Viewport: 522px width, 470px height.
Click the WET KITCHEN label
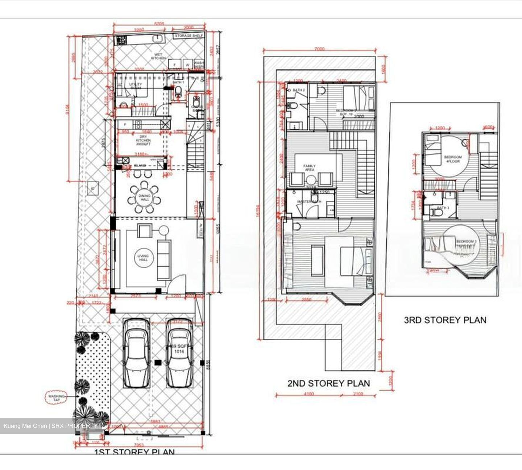point(158,56)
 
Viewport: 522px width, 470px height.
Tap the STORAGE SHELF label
point(189,36)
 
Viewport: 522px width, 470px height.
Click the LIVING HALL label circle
point(143,258)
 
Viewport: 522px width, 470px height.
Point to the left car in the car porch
point(136,353)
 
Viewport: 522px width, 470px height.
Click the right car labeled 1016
point(179,353)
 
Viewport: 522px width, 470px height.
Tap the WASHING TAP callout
point(57,398)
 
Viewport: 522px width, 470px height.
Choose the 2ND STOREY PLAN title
point(328,383)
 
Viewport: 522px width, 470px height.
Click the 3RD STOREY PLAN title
point(445,320)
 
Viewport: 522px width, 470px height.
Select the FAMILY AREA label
point(309,167)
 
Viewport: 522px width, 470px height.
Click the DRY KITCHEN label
point(143,140)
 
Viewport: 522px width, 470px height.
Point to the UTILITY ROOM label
point(136,86)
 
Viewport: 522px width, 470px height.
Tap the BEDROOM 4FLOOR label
point(453,159)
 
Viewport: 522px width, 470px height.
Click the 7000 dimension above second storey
point(319,49)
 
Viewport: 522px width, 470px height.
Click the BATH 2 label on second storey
point(299,90)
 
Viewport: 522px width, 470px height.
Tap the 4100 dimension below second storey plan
point(308,394)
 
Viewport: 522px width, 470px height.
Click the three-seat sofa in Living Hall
point(163,260)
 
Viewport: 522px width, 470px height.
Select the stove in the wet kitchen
point(121,40)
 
